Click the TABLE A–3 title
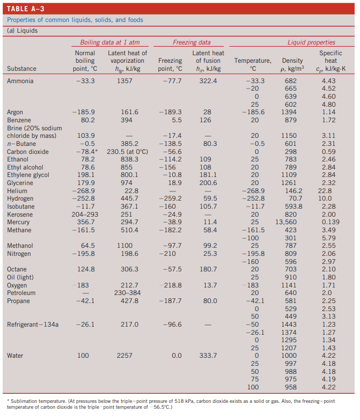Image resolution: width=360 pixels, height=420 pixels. [x=25, y=9]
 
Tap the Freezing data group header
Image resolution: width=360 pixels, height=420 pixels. [x=192, y=42]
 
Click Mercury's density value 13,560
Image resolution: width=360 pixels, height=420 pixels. [x=286, y=222]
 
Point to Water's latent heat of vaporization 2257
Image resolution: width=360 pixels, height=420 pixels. [x=124, y=356]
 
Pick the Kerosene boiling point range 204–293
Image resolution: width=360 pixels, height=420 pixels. [x=85, y=214]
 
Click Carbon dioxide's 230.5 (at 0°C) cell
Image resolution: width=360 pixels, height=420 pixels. [x=128, y=152]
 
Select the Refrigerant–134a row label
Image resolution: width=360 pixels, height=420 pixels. [x=33, y=325]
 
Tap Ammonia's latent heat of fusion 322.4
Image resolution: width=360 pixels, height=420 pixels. [x=208, y=81]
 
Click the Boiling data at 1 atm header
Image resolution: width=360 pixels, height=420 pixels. [x=110, y=42]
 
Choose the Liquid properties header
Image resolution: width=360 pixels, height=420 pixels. [x=311, y=42]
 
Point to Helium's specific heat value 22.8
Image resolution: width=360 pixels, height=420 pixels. [x=325, y=191]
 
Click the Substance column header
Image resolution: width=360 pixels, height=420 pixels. [x=21, y=69]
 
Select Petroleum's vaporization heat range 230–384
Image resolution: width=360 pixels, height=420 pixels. [x=127, y=293]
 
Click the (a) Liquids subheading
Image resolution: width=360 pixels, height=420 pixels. [x=22, y=31]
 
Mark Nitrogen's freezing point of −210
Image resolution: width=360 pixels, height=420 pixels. [x=167, y=253]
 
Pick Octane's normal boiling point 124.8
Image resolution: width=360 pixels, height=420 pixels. [x=86, y=269]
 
